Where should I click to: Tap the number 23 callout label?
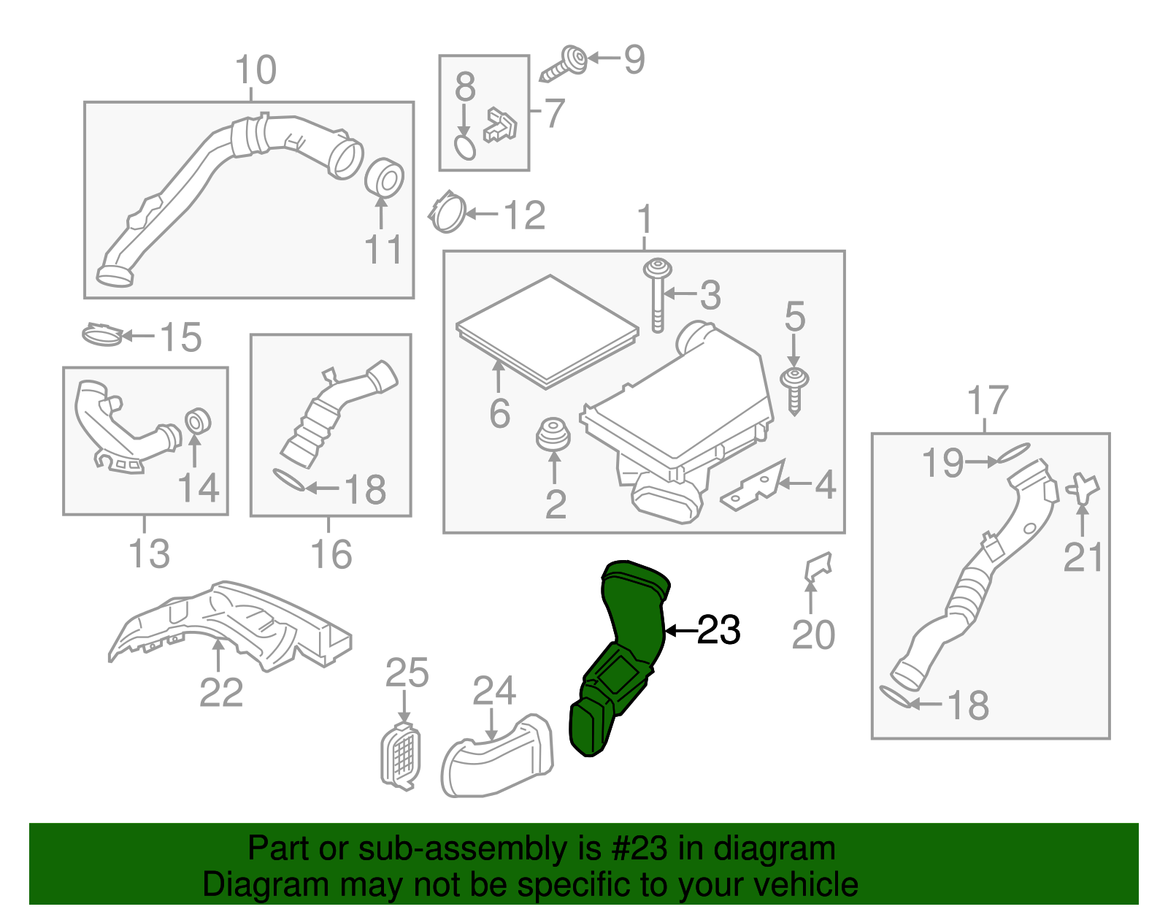[718, 630]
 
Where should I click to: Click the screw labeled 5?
[794, 387]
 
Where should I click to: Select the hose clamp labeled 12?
[447, 212]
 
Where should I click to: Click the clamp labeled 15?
[101, 335]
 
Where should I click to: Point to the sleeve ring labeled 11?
[384, 177]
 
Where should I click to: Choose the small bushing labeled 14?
[197, 421]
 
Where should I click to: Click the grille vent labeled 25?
[401, 756]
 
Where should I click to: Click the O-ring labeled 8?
[465, 147]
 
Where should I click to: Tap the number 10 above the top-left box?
[255, 71]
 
